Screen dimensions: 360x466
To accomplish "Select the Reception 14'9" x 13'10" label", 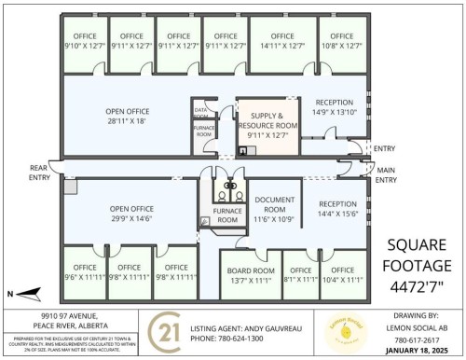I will (x=335, y=107).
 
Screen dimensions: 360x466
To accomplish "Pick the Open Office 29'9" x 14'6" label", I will (x=130, y=214).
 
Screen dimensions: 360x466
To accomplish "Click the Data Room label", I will (x=202, y=113).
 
